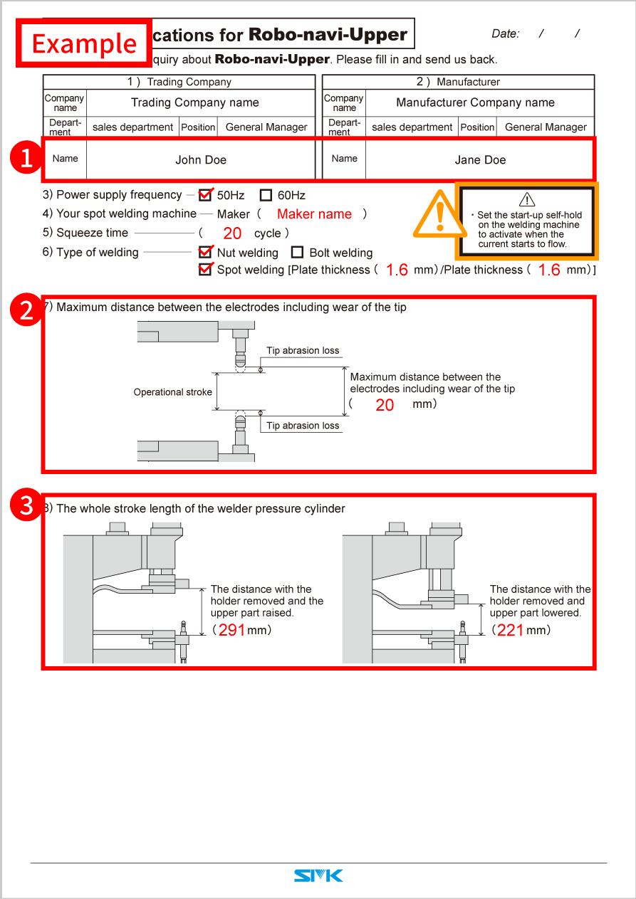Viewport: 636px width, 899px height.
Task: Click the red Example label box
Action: point(84,43)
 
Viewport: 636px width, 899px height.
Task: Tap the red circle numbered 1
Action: point(26,158)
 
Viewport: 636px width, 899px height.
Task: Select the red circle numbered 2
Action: point(26,311)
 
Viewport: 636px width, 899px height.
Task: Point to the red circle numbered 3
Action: point(26,505)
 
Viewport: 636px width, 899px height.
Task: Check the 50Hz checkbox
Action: point(206,195)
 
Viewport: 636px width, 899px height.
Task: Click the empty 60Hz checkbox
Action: point(266,195)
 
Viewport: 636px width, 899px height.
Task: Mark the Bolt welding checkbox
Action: point(297,252)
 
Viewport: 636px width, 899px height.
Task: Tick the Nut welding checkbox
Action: point(206,252)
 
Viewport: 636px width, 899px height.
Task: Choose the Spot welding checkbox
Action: point(206,270)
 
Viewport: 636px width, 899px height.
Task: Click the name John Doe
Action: point(201,160)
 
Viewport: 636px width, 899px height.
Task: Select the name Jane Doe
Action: point(480,160)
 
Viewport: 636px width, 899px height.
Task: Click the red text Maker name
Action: point(314,214)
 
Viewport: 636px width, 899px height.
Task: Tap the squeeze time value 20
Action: point(232,233)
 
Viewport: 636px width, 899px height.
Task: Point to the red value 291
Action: point(231,630)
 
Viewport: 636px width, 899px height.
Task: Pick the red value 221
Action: point(511,630)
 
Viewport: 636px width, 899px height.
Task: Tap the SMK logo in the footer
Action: point(318,876)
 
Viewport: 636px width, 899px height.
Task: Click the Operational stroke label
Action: point(173,392)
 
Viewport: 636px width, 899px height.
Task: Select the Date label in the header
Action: point(506,33)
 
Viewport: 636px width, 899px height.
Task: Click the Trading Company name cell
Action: point(195,102)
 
